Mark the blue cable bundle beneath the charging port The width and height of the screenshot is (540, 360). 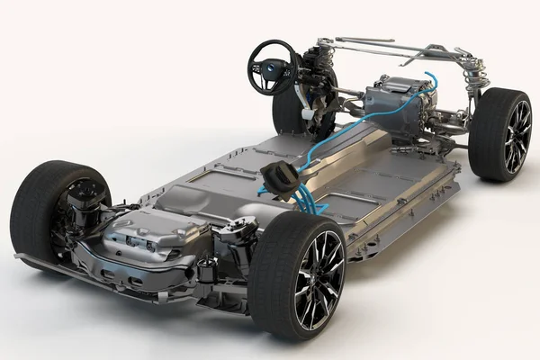click(306, 200)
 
